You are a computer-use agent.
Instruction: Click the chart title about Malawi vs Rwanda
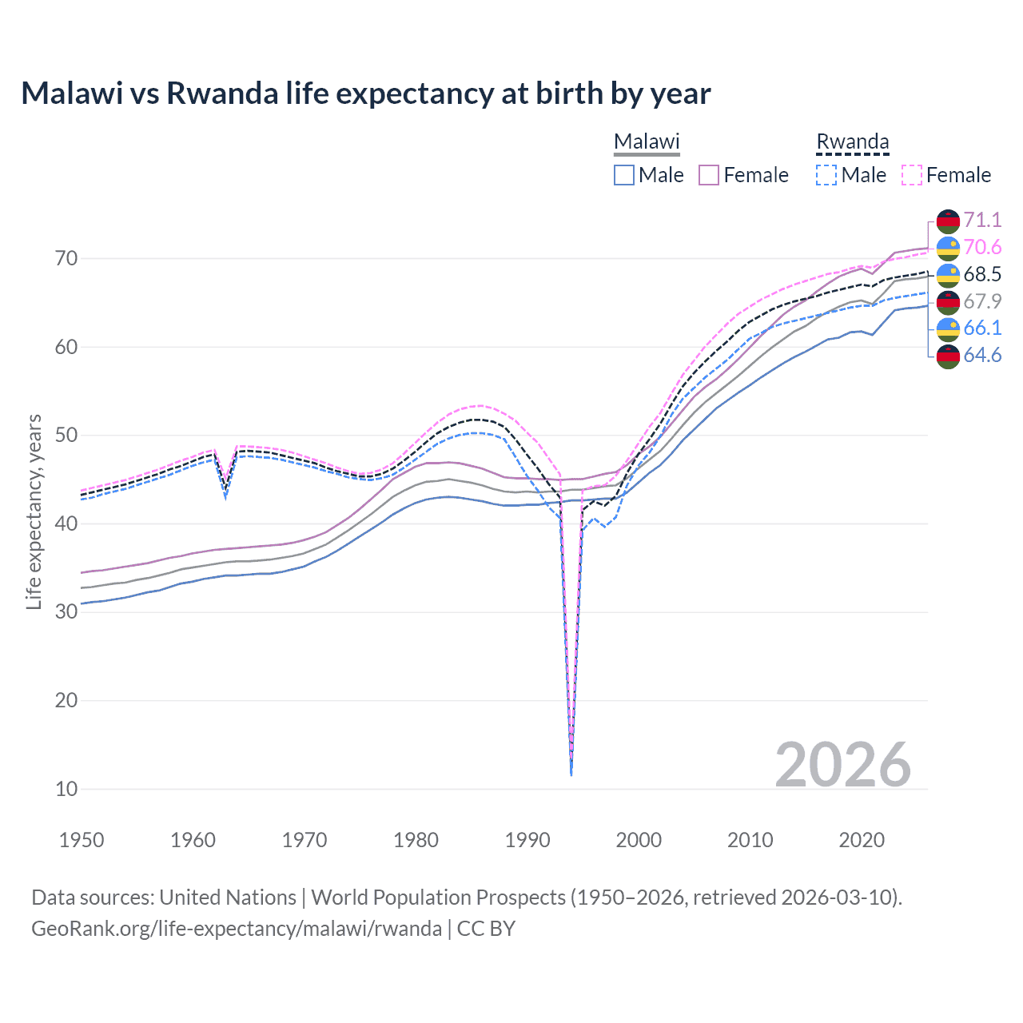pyautogui.click(x=365, y=94)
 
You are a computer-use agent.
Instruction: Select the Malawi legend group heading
pyautogui.click(x=646, y=141)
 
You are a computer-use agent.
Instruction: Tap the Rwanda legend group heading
pyautogui.click(x=852, y=141)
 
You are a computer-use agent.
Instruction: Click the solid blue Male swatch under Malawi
pyautogui.click(x=624, y=175)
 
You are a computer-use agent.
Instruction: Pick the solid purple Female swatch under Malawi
pyautogui.click(x=709, y=175)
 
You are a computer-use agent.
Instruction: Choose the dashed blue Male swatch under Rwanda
pyautogui.click(x=826, y=175)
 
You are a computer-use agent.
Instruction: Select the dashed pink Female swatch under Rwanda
pyautogui.click(x=912, y=175)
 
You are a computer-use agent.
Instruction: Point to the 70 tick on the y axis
pyautogui.click(x=66, y=258)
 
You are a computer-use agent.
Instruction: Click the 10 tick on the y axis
pyautogui.click(x=66, y=789)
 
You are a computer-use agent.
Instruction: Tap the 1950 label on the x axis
pyautogui.click(x=82, y=840)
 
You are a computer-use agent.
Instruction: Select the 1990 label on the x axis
pyautogui.click(x=527, y=840)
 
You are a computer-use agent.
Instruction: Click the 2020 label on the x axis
pyautogui.click(x=862, y=840)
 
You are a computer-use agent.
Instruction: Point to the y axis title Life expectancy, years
pyautogui.click(x=34, y=511)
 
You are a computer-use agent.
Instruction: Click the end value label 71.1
pyautogui.click(x=982, y=220)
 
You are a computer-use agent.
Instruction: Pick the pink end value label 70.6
pyautogui.click(x=982, y=247)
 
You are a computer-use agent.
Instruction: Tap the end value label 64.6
pyautogui.click(x=982, y=355)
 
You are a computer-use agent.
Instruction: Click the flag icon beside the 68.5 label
pyautogui.click(x=948, y=274)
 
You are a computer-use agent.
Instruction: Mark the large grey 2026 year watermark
pyautogui.click(x=842, y=765)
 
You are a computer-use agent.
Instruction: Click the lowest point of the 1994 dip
pyautogui.click(x=571, y=774)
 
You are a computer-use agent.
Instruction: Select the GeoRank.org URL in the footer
pyautogui.click(x=237, y=929)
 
